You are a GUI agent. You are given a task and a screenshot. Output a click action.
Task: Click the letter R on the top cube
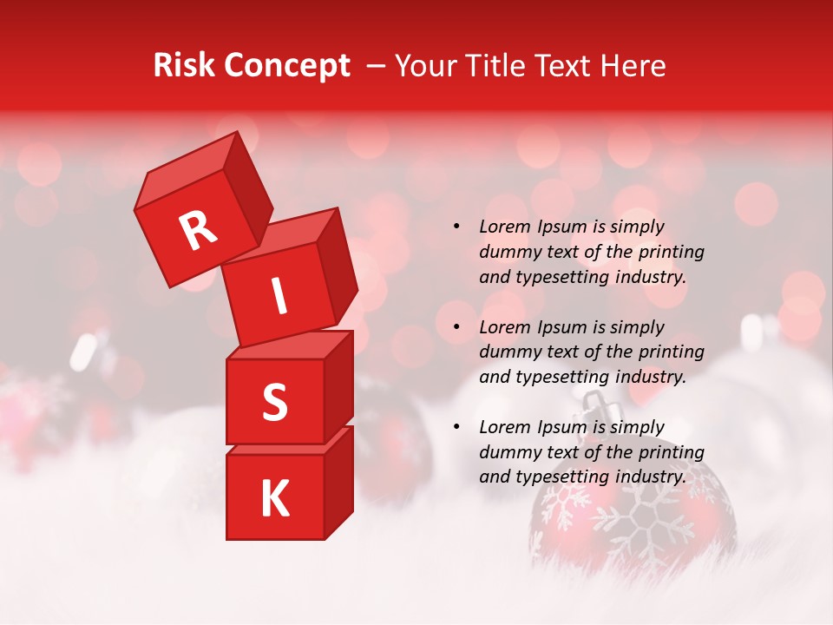[x=198, y=232]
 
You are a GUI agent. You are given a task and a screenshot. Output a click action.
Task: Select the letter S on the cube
[x=274, y=403]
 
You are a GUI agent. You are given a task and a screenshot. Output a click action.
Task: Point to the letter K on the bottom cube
[x=274, y=499]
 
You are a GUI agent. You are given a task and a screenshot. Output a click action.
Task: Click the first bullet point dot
[x=456, y=227]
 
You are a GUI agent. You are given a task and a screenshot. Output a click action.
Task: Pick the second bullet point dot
[x=456, y=327]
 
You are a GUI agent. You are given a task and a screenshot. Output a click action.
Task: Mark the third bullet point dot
[x=456, y=427]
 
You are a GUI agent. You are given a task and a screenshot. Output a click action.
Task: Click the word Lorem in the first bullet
[x=504, y=227]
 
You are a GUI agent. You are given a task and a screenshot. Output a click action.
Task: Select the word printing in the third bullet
[x=669, y=452]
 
